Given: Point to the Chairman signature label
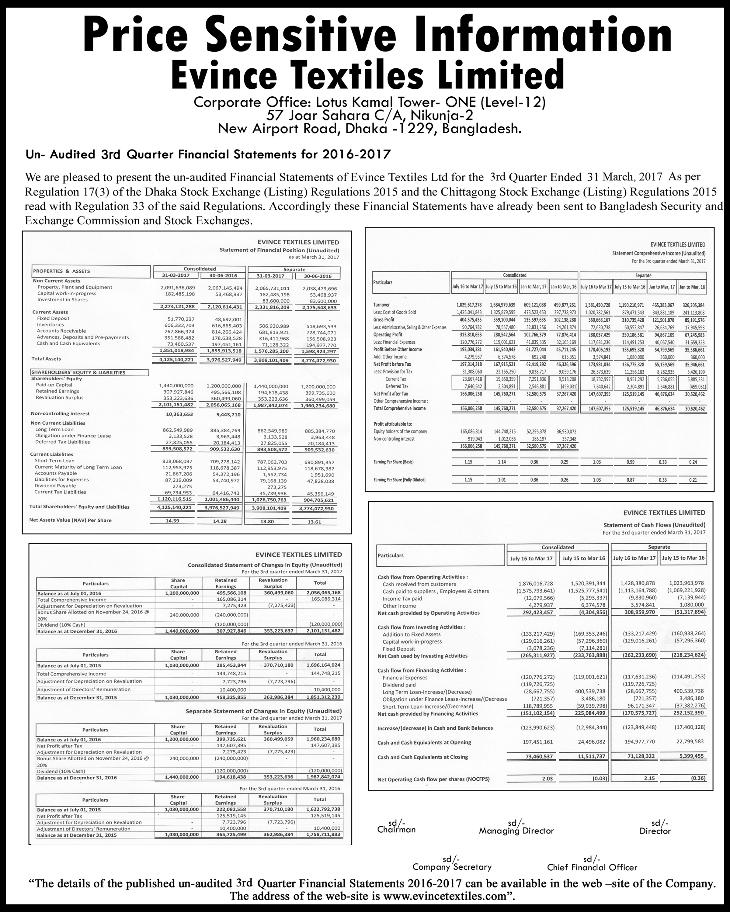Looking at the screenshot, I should click(x=396, y=830).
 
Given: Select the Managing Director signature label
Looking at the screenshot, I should click(x=516, y=831).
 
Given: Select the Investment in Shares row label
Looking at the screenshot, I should click(x=62, y=299).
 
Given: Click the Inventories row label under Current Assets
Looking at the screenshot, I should click(x=50, y=324).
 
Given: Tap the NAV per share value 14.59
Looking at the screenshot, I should click(x=172, y=521).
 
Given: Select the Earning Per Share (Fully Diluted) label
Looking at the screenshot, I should click(x=399, y=480).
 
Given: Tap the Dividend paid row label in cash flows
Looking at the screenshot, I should click(x=399, y=684).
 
